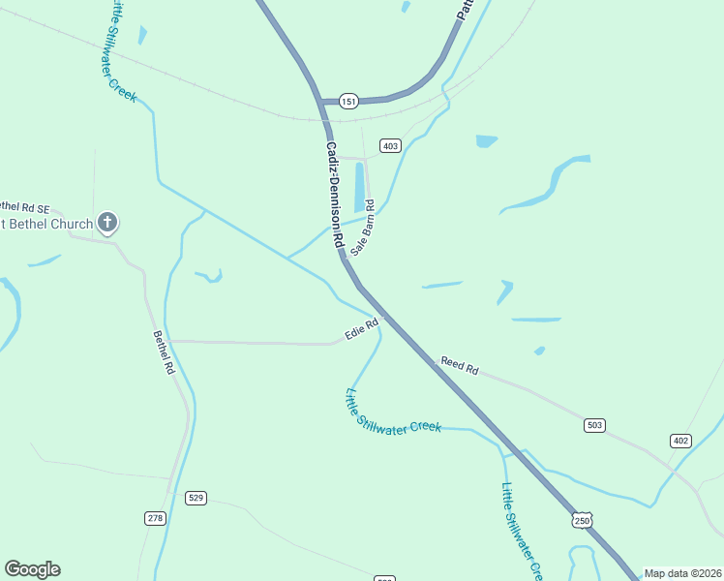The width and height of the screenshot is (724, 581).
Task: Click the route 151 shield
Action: click(x=348, y=101)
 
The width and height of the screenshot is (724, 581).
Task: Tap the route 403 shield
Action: click(x=390, y=146)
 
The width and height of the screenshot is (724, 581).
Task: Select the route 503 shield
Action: click(x=594, y=425)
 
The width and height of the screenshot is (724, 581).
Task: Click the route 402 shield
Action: click(x=680, y=441)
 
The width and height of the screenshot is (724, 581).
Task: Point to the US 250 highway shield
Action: click(x=581, y=521)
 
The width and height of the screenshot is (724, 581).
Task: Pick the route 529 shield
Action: click(x=196, y=498)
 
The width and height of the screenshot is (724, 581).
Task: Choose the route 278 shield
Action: click(x=155, y=518)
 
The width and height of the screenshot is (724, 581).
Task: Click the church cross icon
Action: click(x=107, y=224)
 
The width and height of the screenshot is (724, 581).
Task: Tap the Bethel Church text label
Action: click(x=46, y=225)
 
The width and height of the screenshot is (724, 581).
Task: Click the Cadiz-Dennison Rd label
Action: click(x=334, y=194)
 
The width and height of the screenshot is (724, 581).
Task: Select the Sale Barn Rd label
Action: click(x=362, y=228)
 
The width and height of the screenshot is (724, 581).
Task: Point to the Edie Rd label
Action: click(x=360, y=330)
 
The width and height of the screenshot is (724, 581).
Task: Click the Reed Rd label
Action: click(x=460, y=365)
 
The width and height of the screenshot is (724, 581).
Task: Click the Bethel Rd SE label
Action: click(x=21, y=207)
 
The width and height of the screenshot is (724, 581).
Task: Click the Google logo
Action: click(x=32, y=569)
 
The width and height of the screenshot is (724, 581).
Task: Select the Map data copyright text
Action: click(x=682, y=573)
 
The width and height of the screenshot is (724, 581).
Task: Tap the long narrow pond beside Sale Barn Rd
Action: click(x=360, y=186)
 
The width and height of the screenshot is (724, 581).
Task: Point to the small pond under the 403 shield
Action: click(x=486, y=140)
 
